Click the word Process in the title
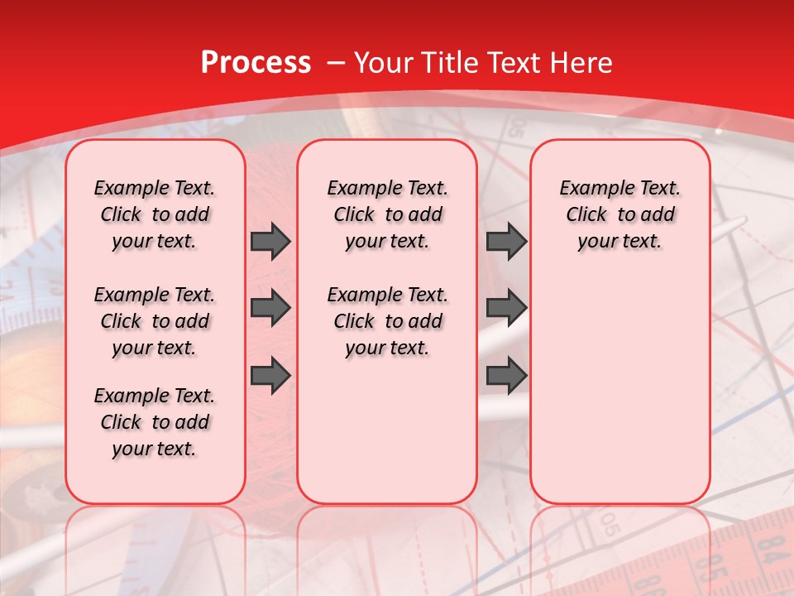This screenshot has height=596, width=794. [x=256, y=63]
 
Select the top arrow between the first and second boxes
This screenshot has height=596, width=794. [x=270, y=242]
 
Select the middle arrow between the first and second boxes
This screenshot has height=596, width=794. [x=270, y=308]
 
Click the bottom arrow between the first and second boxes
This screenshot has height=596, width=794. [x=270, y=375]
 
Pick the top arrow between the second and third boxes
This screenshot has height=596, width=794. [x=506, y=242]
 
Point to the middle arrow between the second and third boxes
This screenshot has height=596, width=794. [x=506, y=308]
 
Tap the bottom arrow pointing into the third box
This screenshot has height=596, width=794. [x=506, y=375]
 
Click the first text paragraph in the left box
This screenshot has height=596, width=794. [x=155, y=214]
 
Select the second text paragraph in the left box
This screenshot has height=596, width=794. [x=155, y=321]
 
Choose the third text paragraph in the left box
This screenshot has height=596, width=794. [x=155, y=422]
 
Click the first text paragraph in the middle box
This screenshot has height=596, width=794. [x=387, y=214]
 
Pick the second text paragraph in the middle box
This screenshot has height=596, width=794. [x=387, y=321]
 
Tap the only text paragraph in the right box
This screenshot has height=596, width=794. [x=619, y=214]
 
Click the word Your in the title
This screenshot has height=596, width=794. [x=384, y=63]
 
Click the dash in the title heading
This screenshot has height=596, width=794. [x=335, y=63]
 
